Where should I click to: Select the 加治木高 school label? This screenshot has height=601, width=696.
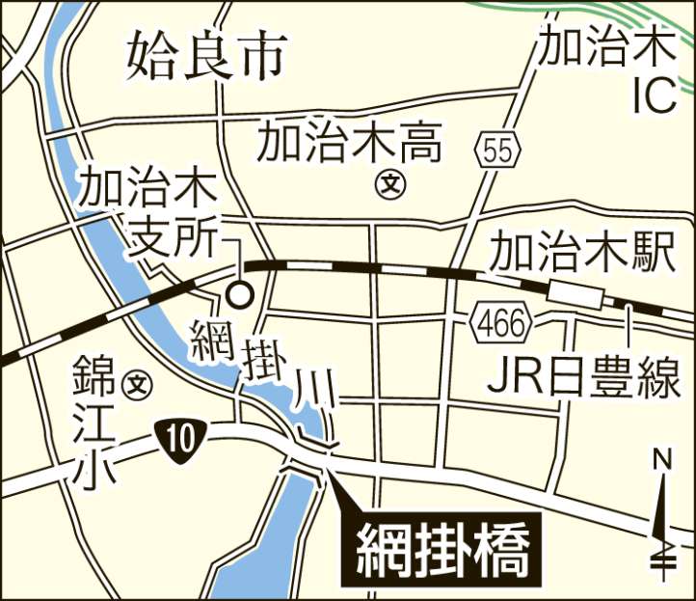coord(349,146)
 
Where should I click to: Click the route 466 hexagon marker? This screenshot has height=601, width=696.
coord(501,325)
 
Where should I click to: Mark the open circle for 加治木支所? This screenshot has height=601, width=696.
coord(237,293)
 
